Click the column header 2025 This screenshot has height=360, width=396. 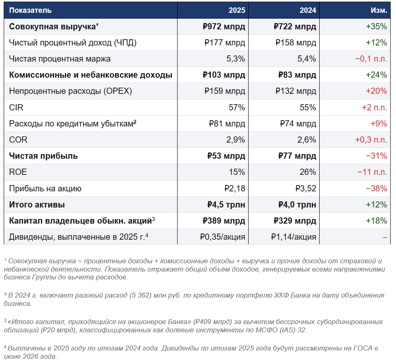pyautogui.click(x=237, y=10)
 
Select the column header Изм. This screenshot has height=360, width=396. pyautogui.click(x=378, y=10)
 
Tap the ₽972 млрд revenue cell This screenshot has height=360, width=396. pyautogui.click(x=224, y=27)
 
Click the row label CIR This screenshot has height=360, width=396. pyautogui.click(x=16, y=107)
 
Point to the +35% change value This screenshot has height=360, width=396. pyautogui.click(x=376, y=27)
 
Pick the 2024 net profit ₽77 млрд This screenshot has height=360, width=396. pyautogui.click(x=295, y=156)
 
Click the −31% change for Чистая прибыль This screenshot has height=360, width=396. pyautogui.click(x=376, y=156)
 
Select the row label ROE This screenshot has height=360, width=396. pyautogui.click(x=18, y=172)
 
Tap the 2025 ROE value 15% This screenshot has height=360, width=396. pyautogui.click(x=237, y=172)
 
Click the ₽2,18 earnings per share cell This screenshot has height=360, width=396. pyautogui.click(x=235, y=188)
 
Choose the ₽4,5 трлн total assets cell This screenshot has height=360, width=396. pyautogui.click(x=226, y=205)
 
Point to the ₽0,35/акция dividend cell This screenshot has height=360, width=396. pyautogui.click(x=223, y=237)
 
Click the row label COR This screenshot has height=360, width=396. pyautogui.click(x=18, y=140)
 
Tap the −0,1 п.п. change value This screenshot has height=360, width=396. pyautogui.click(x=371, y=59)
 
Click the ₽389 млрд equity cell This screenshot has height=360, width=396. pyautogui.click(x=224, y=221)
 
